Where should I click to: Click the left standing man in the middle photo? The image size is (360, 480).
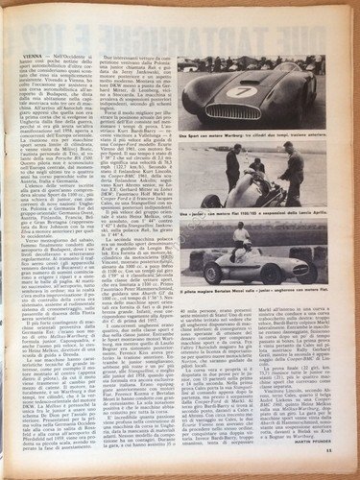[232, 165]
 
